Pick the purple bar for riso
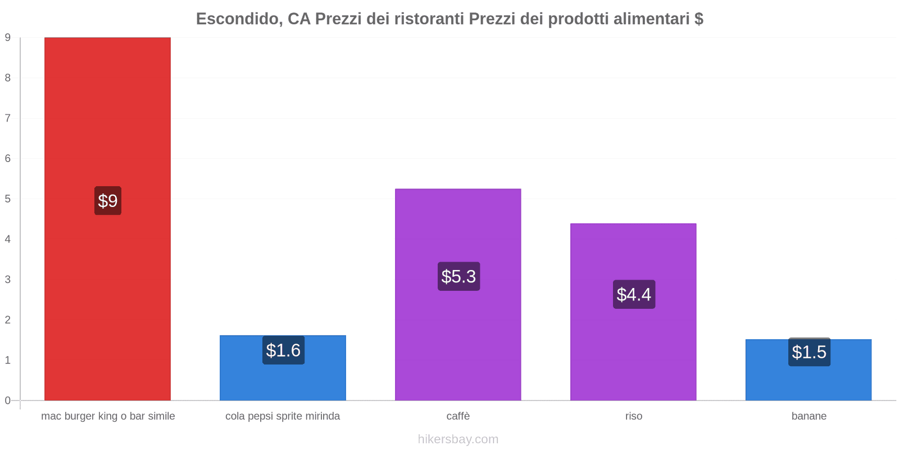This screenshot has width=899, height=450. coord(633,349)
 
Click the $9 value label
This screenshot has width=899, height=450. coord(108,201)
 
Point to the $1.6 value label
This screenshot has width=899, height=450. coord(283,350)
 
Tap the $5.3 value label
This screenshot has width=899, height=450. coord(458,276)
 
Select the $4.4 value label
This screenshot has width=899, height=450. coord(634,294)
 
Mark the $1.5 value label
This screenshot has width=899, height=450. coord(809,352)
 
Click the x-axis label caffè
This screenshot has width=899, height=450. coord(458,416)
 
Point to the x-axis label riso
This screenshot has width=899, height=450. coord(633,416)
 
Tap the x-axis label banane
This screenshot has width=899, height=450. coord(809,416)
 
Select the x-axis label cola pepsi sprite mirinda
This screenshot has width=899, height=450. coord(283,416)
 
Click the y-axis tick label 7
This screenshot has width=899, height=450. coord(8,118)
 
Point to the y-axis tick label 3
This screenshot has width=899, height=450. coord(8,280)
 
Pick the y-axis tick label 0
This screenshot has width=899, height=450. coord(8,400)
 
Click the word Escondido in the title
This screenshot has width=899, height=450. coord(238,19)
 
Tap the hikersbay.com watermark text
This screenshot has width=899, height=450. coord(458,439)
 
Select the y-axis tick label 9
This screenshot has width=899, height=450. coord(8,38)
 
